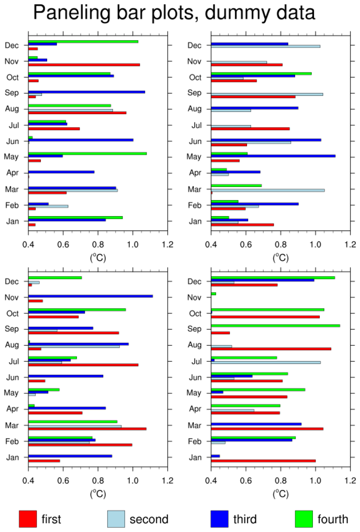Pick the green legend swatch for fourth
tap(303, 519)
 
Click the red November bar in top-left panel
tap(84, 64)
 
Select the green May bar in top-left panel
tap(87, 153)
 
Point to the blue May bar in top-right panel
tap(273, 156)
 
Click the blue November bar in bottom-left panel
tap(91, 296)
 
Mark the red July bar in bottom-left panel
tap(83, 364)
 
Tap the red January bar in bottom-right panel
tap(263, 461)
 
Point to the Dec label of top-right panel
tap(194, 46)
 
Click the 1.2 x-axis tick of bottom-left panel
tap(167, 479)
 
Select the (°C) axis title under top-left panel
tap(98, 257)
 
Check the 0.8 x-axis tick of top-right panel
tap(280, 243)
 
